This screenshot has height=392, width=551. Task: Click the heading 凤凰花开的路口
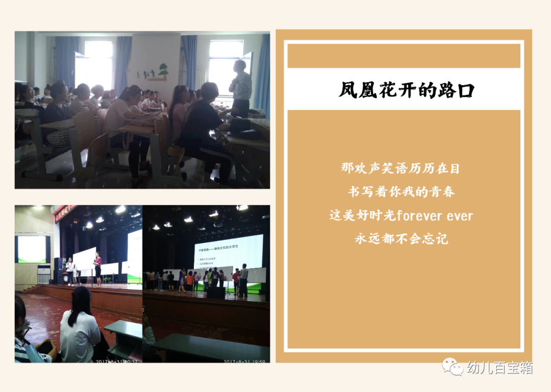pos(407,90)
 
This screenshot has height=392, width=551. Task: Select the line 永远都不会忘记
pos(402,238)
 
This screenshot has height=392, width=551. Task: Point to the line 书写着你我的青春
pos(402,191)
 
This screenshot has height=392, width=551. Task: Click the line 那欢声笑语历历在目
pos(402,168)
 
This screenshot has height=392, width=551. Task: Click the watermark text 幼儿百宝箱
pos(499,367)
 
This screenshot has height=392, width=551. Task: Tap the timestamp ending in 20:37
pos(118,361)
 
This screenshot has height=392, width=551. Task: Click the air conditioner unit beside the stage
pos(44,274)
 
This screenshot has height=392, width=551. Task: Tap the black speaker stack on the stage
pos(60,271)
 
